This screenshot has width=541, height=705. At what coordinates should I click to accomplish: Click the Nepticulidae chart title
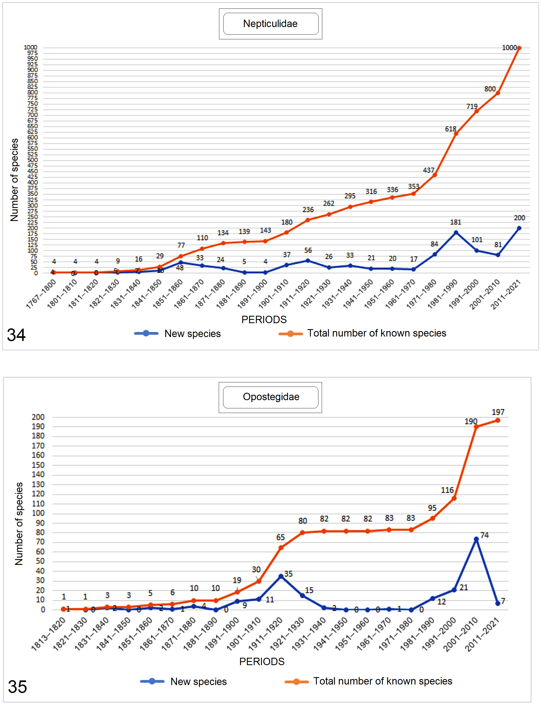[270, 24]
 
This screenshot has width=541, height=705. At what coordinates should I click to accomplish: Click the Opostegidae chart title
[271, 397]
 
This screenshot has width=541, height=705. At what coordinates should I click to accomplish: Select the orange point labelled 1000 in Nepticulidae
[519, 48]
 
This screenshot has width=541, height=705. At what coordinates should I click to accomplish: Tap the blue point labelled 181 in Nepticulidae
[456, 232]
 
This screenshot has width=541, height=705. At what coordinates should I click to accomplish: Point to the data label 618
[451, 129]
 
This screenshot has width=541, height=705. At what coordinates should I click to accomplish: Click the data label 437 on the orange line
[428, 170]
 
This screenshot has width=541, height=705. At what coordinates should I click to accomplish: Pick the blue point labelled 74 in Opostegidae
[476, 539]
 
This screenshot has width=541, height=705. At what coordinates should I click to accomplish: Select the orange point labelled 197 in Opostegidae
[498, 420]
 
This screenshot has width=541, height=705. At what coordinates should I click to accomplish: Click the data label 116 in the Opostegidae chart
[447, 490]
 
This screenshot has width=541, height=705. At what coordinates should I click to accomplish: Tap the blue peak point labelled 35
[281, 576]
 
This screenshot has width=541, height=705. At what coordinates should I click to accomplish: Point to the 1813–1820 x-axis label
[48, 633]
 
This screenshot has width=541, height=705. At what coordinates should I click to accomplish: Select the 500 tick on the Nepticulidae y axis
[32, 160]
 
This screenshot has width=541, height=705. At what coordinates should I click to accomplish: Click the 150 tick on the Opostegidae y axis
[38, 465]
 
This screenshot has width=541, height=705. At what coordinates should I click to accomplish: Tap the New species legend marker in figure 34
[146, 333]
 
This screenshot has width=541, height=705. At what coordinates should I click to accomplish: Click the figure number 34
[16, 335]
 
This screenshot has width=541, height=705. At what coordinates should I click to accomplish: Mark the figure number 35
[17, 687]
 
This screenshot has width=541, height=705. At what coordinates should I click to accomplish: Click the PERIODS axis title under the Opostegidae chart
[262, 662]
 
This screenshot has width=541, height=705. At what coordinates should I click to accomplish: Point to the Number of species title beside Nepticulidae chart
[14, 180]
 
